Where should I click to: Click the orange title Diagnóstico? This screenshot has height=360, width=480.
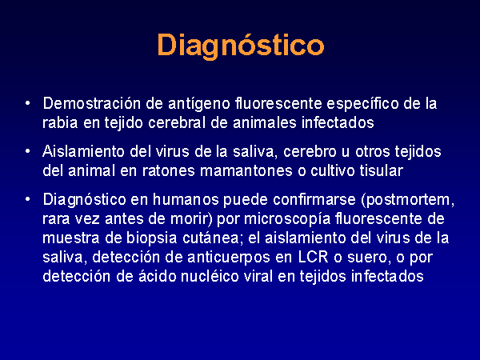point(241,46)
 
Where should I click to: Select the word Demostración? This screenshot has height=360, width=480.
point(92,103)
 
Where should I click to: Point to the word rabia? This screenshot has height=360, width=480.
point(60,122)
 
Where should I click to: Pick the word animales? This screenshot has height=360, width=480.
point(265,122)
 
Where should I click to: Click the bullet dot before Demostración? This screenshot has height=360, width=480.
point(28,103)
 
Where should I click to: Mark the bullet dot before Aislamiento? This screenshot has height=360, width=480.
point(28,151)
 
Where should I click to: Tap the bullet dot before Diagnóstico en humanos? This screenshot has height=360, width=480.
point(28,199)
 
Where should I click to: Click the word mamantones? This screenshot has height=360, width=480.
point(246,171)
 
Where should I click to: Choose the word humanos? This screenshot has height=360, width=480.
point(186,199)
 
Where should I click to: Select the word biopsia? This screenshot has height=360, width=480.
point(152,238)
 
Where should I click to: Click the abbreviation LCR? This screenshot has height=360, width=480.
point(313,257)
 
